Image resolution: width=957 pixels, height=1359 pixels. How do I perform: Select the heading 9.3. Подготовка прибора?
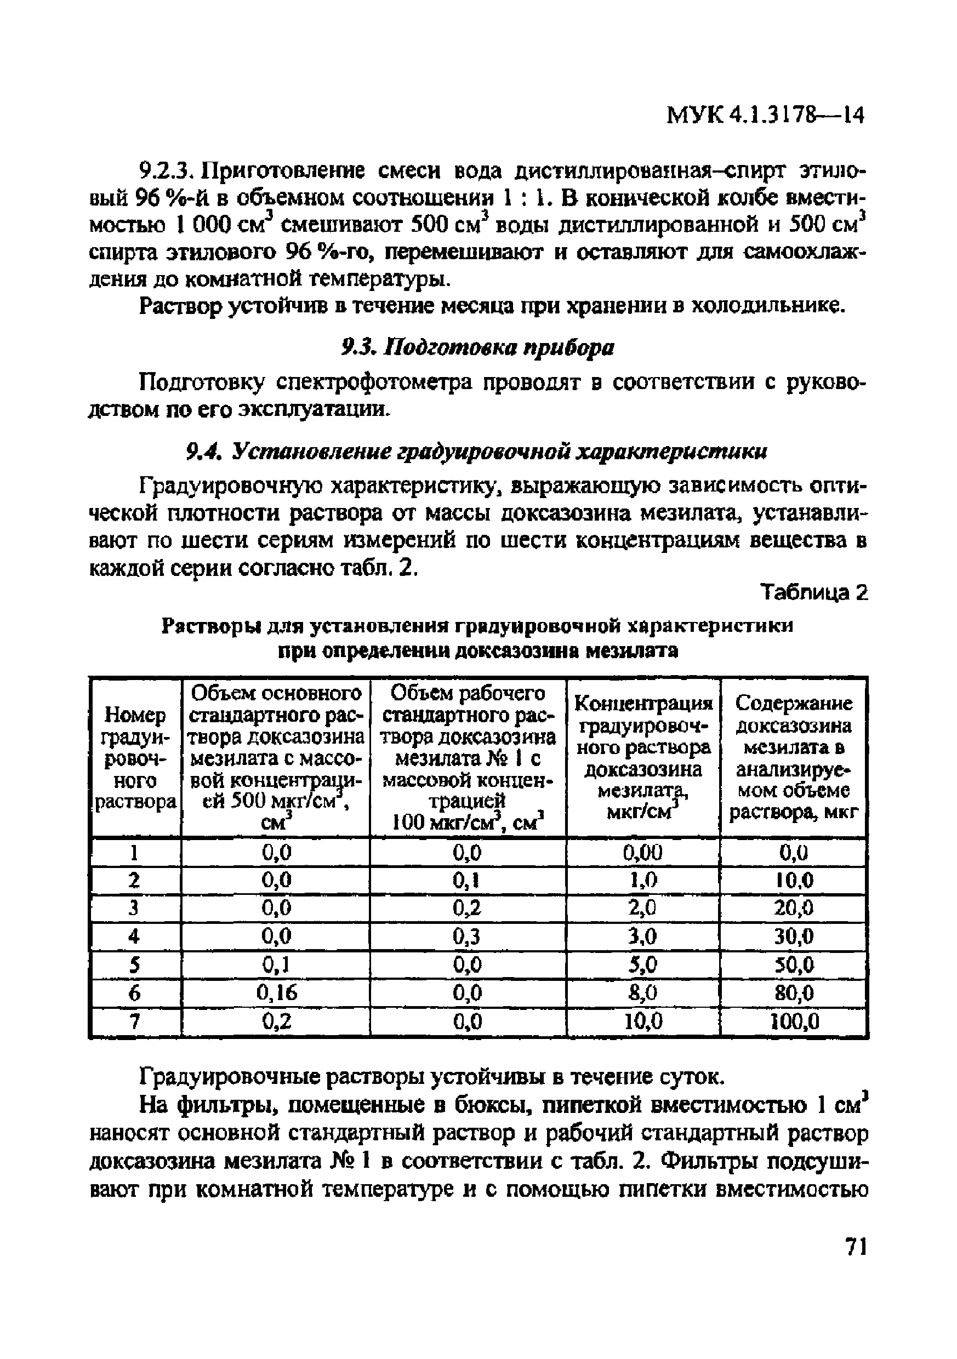pyautogui.click(x=477, y=347)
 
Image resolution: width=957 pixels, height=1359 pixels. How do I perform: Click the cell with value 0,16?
pyautogui.click(x=276, y=992)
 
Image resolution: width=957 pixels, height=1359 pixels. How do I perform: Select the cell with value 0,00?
pyautogui.click(x=643, y=853)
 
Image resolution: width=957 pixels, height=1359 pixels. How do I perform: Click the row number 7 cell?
pyautogui.click(x=135, y=1021)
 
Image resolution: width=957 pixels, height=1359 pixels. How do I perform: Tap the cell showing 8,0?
pyautogui.click(x=643, y=992)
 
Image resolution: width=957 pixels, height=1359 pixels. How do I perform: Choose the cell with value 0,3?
pyautogui.click(x=468, y=937)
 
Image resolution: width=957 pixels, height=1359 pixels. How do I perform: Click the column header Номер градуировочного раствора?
pyautogui.click(x=135, y=758)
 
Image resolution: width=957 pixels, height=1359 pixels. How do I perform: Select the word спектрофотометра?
pyautogui.click(x=375, y=383)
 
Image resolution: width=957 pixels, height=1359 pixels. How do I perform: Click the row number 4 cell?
pyautogui.click(x=135, y=937)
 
